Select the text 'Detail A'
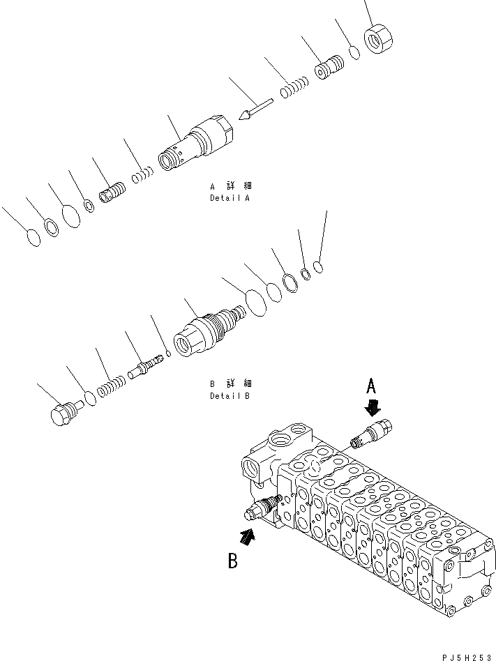pyautogui.click(x=230, y=198)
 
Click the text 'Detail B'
pyautogui.click(x=230, y=395)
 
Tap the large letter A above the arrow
pyautogui.click(x=373, y=386)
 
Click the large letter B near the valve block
pyautogui.click(x=234, y=561)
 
